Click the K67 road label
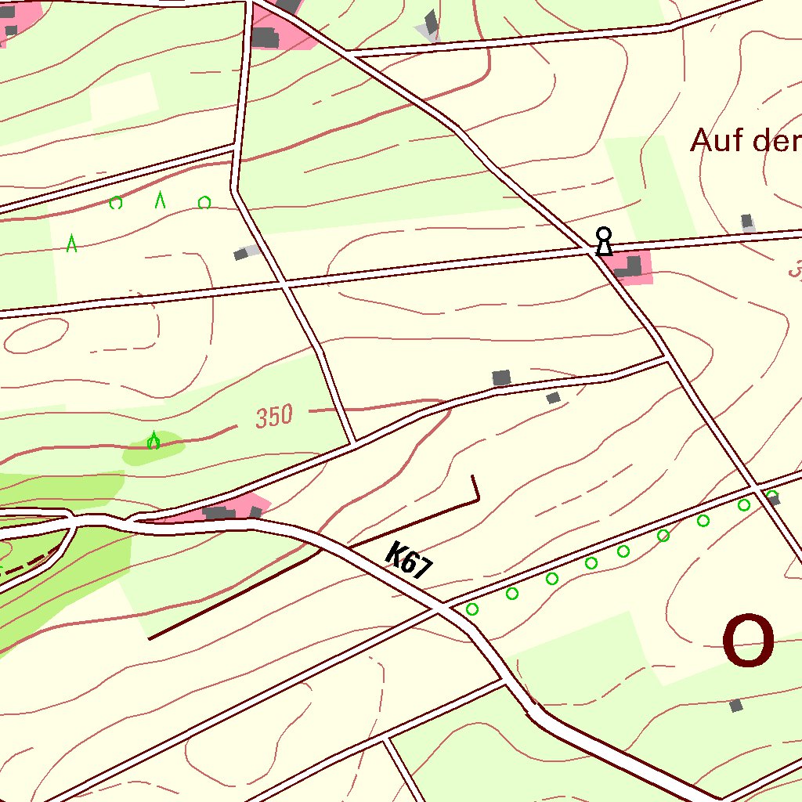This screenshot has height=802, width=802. click(x=409, y=561)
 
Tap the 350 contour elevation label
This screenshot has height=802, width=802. click(x=274, y=416)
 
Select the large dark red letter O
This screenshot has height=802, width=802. click(x=748, y=641)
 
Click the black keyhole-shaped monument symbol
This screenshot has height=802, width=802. click(x=603, y=241)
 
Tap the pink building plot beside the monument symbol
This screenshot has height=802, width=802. click(x=631, y=267)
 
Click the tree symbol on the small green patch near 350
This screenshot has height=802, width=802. click(x=154, y=442)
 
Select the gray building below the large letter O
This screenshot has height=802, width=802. click(x=735, y=706)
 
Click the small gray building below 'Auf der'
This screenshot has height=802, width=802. click(x=747, y=222)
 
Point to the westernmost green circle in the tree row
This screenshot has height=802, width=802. click(x=471, y=609)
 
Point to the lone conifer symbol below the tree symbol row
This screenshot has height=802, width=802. click(x=72, y=244)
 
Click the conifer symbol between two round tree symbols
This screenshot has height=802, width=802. click(x=160, y=200)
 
